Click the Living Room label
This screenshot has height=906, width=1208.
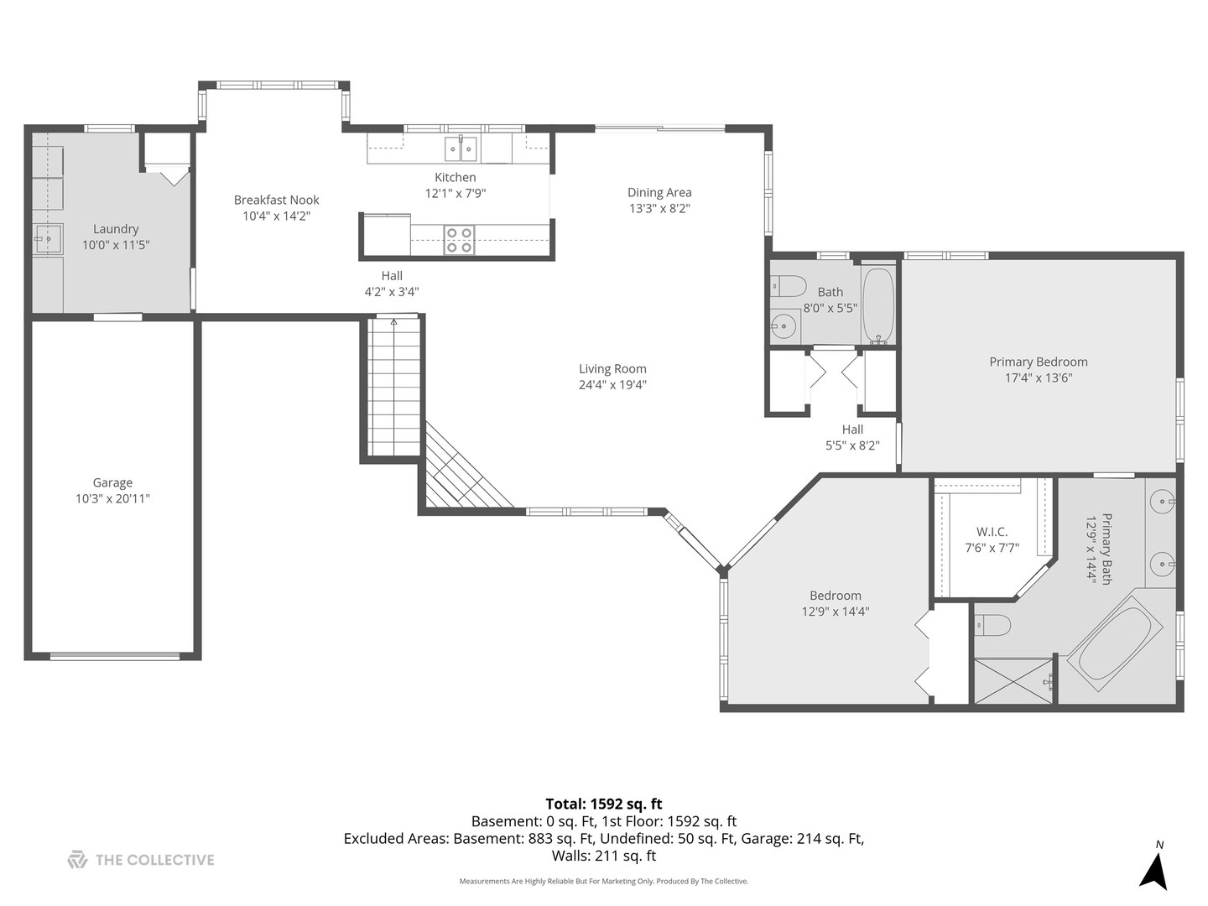(x=612, y=369)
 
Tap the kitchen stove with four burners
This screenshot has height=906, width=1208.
(x=459, y=240)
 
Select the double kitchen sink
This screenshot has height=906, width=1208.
(x=461, y=149)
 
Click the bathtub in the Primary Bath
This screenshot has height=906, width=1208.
(x=1115, y=643)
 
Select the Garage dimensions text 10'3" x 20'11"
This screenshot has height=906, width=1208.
(x=112, y=498)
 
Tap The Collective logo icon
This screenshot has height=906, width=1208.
(x=77, y=860)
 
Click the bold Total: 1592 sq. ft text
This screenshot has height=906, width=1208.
(x=604, y=804)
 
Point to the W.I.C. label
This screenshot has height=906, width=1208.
(x=992, y=532)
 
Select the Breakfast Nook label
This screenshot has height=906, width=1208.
(x=277, y=200)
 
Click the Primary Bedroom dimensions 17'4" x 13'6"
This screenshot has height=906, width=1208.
(x=1039, y=377)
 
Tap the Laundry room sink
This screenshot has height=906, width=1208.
(x=48, y=239)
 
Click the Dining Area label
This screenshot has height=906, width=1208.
(x=659, y=192)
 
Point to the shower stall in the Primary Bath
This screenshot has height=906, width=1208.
(x=1013, y=680)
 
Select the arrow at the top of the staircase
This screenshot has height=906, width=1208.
(x=393, y=320)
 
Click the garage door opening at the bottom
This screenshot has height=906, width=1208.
(x=115, y=656)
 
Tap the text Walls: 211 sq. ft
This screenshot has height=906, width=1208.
(x=604, y=856)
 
